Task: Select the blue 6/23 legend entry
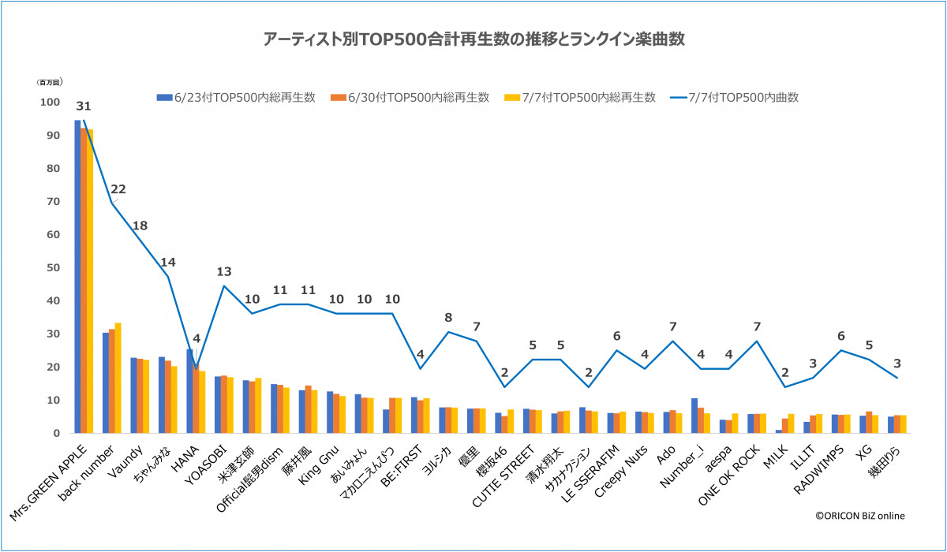pyautogui.click(x=237, y=98)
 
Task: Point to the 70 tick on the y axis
pyautogui.click(x=53, y=202)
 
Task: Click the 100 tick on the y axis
pyautogui.click(x=50, y=103)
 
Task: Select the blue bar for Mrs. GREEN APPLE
pyautogui.click(x=77, y=276)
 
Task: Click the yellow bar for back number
pyautogui.click(x=118, y=378)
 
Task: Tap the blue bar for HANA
pyautogui.click(x=190, y=391)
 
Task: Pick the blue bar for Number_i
pyautogui.click(x=694, y=416)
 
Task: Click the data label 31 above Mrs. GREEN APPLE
pyautogui.click(x=84, y=106)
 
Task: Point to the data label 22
pyautogui.click(x=119, y=188)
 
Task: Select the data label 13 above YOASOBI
pyautogui.click(x=224, y=272)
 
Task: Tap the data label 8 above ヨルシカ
pyautogui.click(x=448, y=318)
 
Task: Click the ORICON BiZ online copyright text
pyautogui.click(x=860, y=516)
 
